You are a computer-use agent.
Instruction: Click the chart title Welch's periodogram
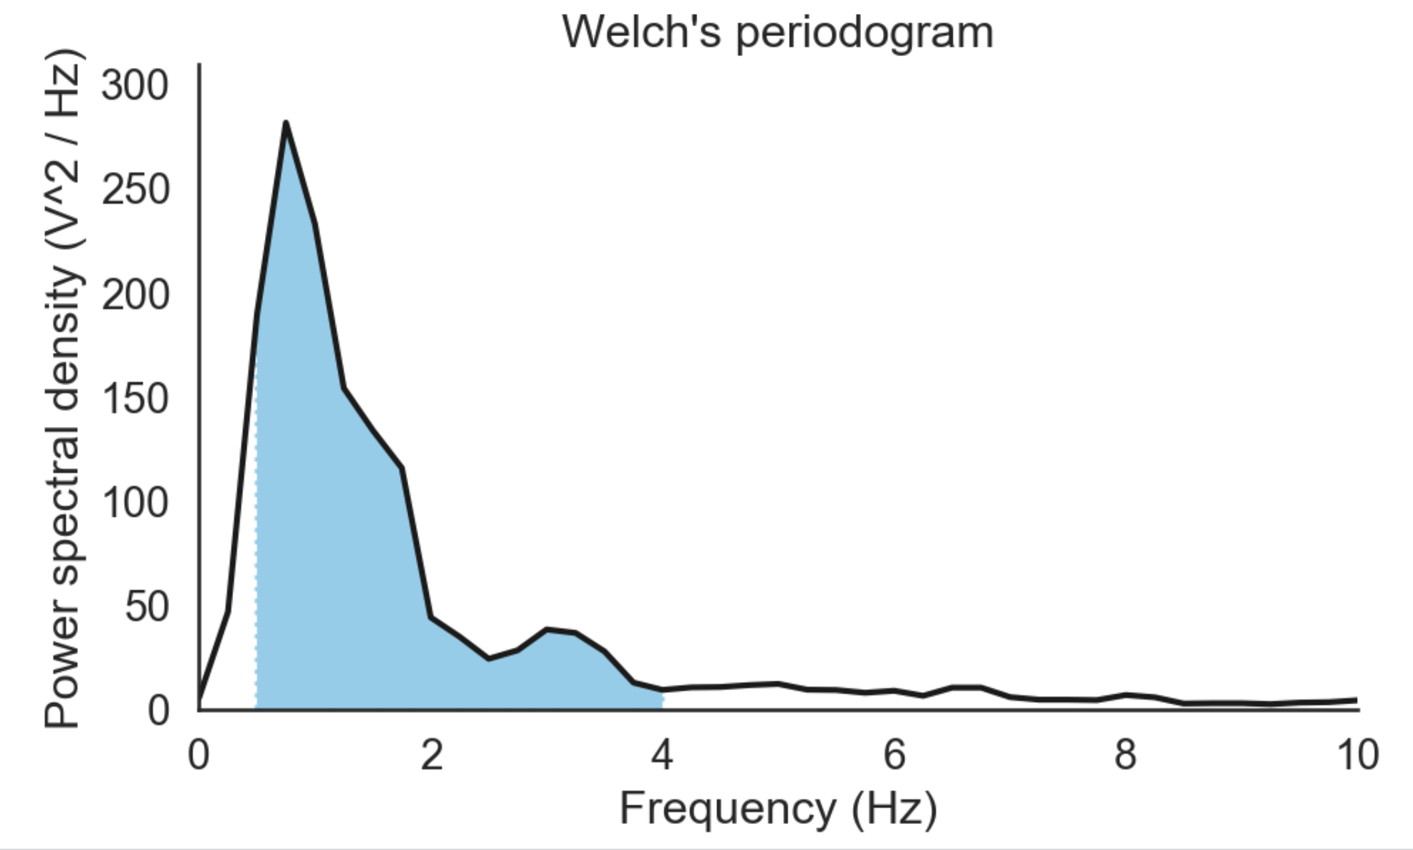pos(778,32)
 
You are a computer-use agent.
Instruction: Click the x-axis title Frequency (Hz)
pos(778,808)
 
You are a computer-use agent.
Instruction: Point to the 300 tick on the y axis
pos(135,87)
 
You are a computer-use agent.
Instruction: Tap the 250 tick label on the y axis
pos(135,191)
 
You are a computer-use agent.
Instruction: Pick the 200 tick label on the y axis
pos(135,294)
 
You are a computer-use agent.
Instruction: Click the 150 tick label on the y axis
pos(135,399)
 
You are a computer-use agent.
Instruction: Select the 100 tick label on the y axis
pos(135,503)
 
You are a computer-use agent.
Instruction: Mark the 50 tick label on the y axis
pos(146,607)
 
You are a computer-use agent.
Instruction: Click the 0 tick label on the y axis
pos(158,711)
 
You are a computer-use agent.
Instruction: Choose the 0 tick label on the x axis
pos(198,755)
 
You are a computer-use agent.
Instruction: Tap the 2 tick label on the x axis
pos(431,755)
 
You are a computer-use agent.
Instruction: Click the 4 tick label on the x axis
pos(662,755)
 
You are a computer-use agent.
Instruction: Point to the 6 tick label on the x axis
pos(894,755)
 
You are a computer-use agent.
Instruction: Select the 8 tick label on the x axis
pos(1125,755)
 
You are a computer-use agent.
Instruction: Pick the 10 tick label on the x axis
pos(1357,755)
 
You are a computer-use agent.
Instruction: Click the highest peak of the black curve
pos(286,124)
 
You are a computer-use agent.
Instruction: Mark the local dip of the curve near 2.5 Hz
pos(489,658)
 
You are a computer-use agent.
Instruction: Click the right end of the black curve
pos(1356,700)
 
